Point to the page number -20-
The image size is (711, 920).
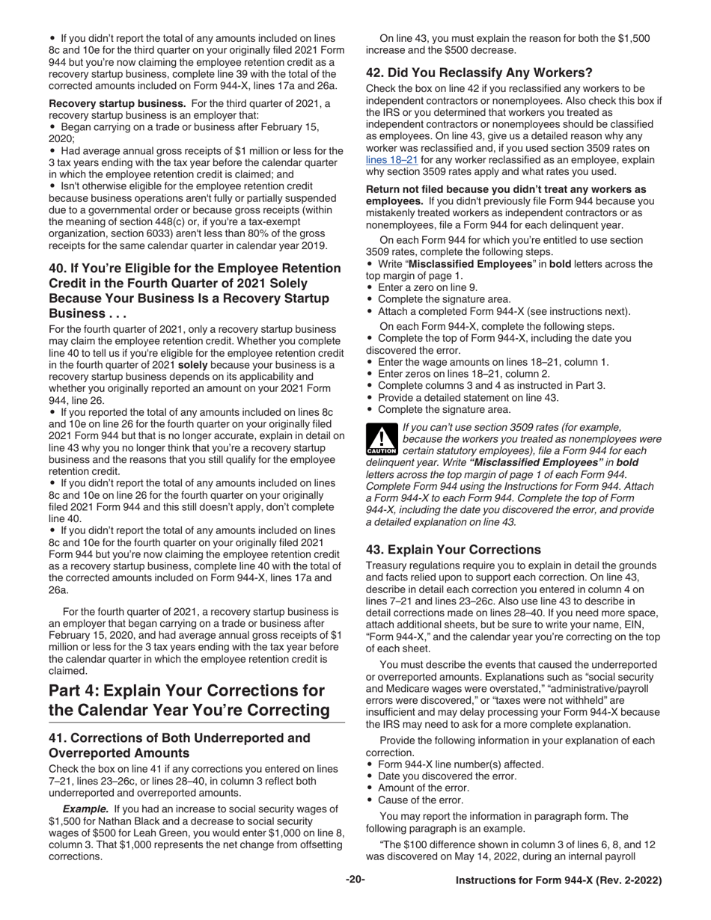tap(355, 880)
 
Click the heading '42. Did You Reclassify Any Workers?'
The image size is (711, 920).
tap(479, 73)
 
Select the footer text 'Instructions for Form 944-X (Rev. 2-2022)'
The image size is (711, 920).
tap(559, 881)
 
